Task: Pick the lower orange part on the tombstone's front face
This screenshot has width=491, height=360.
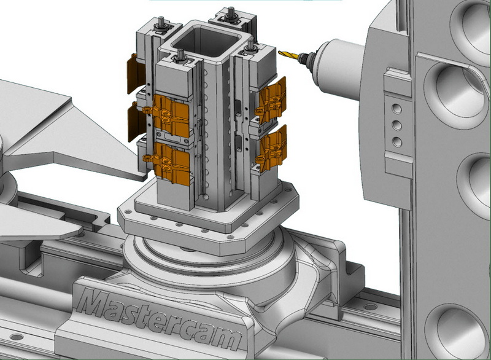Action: click(x=167, y=158)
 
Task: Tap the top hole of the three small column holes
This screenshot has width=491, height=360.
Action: click(x=396, y=109)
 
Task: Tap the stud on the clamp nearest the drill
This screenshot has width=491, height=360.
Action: click(x=250, y=45)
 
